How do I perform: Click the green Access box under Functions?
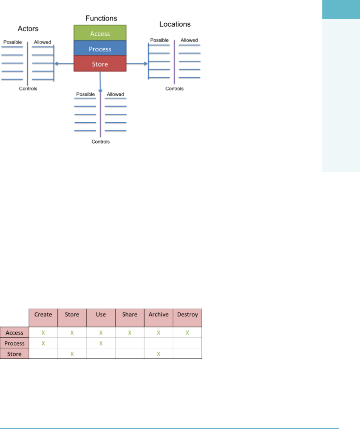100,33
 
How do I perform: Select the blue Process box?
100,49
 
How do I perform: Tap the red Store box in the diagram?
100,64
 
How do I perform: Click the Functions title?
101,18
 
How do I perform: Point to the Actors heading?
28,29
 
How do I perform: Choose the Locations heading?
175,24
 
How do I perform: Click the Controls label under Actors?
28,89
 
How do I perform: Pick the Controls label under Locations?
175,89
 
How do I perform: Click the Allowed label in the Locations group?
189,40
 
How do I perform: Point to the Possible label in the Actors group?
13,42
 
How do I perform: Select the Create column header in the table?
43,314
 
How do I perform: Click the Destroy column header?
187,314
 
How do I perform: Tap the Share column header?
130,314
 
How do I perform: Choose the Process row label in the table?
15,343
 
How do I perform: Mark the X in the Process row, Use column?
101,343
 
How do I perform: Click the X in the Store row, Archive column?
158,354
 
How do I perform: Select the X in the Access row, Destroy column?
187,333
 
